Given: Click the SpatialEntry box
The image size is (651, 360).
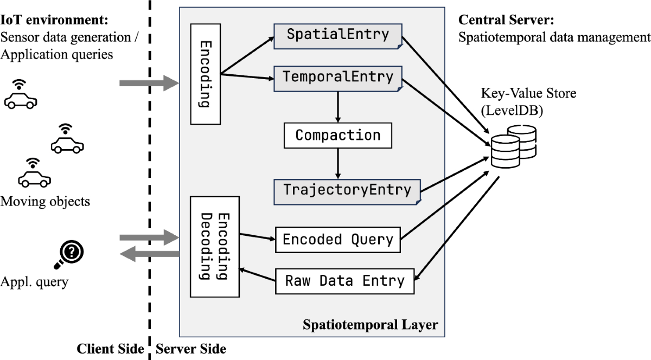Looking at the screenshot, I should tap(337, 35).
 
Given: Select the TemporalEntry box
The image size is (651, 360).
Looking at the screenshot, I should tap(337, 78).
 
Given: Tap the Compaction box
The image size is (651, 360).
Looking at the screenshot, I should tap(337, 135).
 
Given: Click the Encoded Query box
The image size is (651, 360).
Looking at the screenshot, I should tap(337, 239).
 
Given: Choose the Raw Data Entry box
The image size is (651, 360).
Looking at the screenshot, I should tap(344, 281).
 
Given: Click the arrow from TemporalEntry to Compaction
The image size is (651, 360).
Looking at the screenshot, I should tap(337, 107).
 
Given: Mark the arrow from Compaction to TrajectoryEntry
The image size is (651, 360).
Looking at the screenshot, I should tap(337, 163).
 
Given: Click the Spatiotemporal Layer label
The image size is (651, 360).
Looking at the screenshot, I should tap(369, 325).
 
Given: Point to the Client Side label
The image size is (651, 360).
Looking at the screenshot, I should tap(110, 349).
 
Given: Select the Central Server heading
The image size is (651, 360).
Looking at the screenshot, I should tap(499, 21).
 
